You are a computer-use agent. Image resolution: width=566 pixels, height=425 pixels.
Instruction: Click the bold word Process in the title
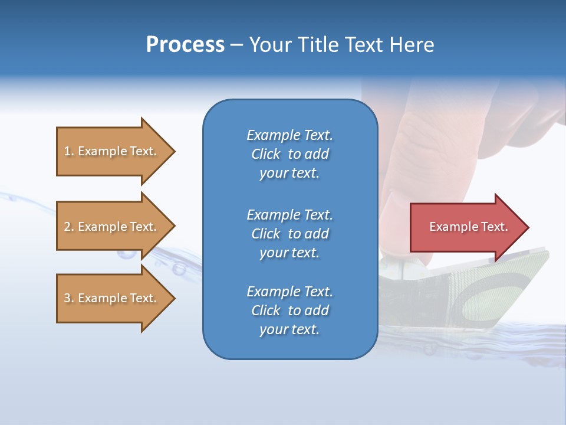(185, 45)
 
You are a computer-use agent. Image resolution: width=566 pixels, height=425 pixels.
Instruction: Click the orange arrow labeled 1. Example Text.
(112, 151)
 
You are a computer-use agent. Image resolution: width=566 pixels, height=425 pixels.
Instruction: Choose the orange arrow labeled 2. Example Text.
(112, 227)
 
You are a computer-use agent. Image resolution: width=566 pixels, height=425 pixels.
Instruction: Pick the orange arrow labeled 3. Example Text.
(112, 298)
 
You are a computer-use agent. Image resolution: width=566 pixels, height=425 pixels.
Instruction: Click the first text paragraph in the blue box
(289, 154)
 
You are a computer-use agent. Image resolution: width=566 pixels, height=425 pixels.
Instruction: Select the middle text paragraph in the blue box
(289, 234)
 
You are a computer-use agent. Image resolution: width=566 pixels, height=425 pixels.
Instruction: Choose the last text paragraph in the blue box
(289, 310)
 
